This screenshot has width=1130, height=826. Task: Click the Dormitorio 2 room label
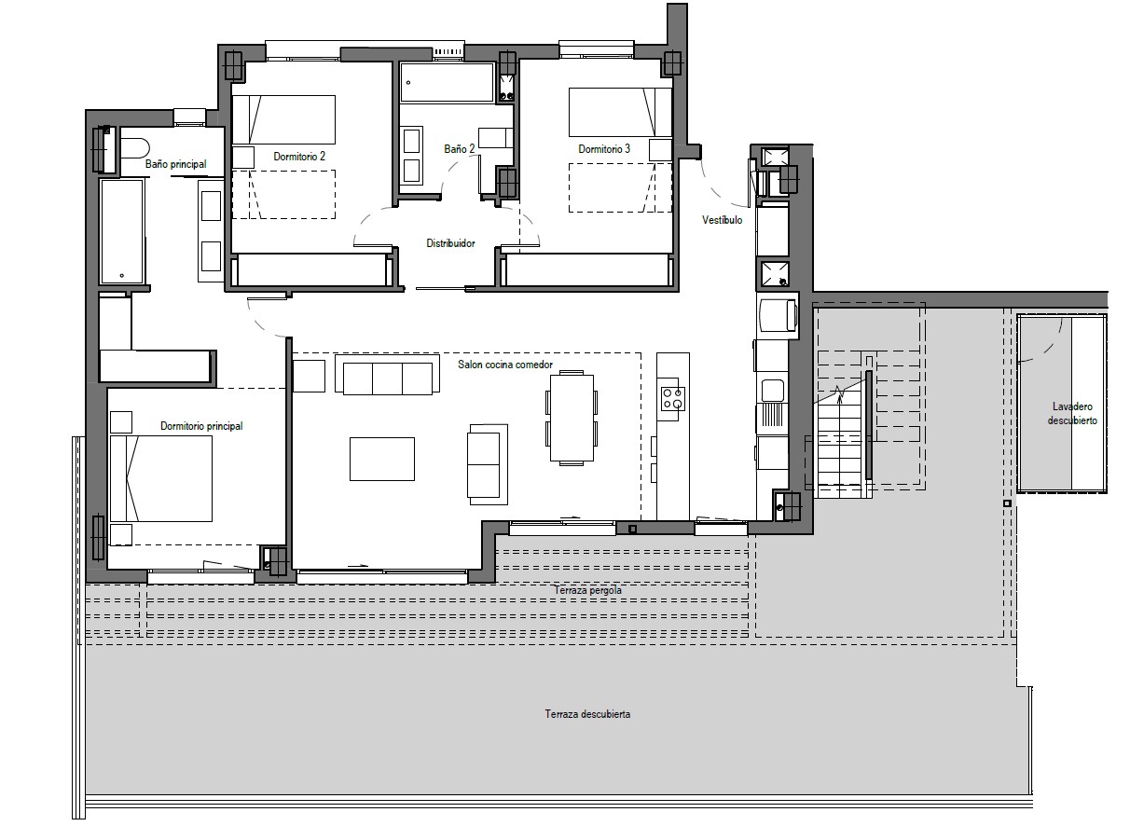tap(299, 157)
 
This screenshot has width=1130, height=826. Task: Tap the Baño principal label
tap(175, 164)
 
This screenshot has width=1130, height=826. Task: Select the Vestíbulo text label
tap(722, 220)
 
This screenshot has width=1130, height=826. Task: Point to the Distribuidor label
tap(450, 243)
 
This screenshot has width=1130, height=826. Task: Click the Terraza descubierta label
tap(587, 714)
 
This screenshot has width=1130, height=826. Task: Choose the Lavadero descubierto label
tap(1072, 413)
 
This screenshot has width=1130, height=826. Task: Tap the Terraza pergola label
tap(587, 590)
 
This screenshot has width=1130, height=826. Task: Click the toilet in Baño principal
tap(134, 148)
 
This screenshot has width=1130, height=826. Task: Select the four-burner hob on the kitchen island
tap(673, 399)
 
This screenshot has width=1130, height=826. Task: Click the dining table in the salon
tap(572, 418)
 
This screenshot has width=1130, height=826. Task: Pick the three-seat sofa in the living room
tap(387, 374)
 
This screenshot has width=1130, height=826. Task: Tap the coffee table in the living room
tap(382, 459)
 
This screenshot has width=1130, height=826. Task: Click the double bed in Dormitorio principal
tap(161, 478)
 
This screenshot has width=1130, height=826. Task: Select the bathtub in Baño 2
tap(447, 82)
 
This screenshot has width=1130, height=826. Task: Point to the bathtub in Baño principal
tap(122, 231)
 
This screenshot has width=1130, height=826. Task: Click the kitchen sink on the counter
tap(772, 391)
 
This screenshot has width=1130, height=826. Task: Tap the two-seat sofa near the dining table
tap(488, 464)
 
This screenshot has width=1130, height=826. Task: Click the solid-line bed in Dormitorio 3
tap(620, 112)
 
